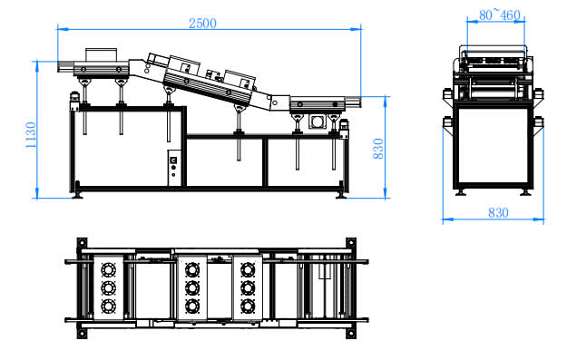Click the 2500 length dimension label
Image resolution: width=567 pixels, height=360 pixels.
tap(202, 24)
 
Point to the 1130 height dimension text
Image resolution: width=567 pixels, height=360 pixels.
tap(31, 135)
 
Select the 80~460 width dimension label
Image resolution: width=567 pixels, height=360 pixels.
tap(499, 15)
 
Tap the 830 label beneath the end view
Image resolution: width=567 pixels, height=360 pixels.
tap(498, 212)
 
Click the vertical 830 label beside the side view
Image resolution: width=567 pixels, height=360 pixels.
tap(378, 149)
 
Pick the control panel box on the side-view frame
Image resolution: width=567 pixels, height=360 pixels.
tap(175, 168)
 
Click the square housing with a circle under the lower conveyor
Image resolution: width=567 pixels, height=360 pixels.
tap(318, 122)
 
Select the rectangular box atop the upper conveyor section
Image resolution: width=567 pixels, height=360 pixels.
tap(101, 54)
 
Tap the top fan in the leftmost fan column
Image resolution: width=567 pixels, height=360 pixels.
tap(108, 269)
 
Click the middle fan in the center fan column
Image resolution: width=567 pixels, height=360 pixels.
tap(192, 288)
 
